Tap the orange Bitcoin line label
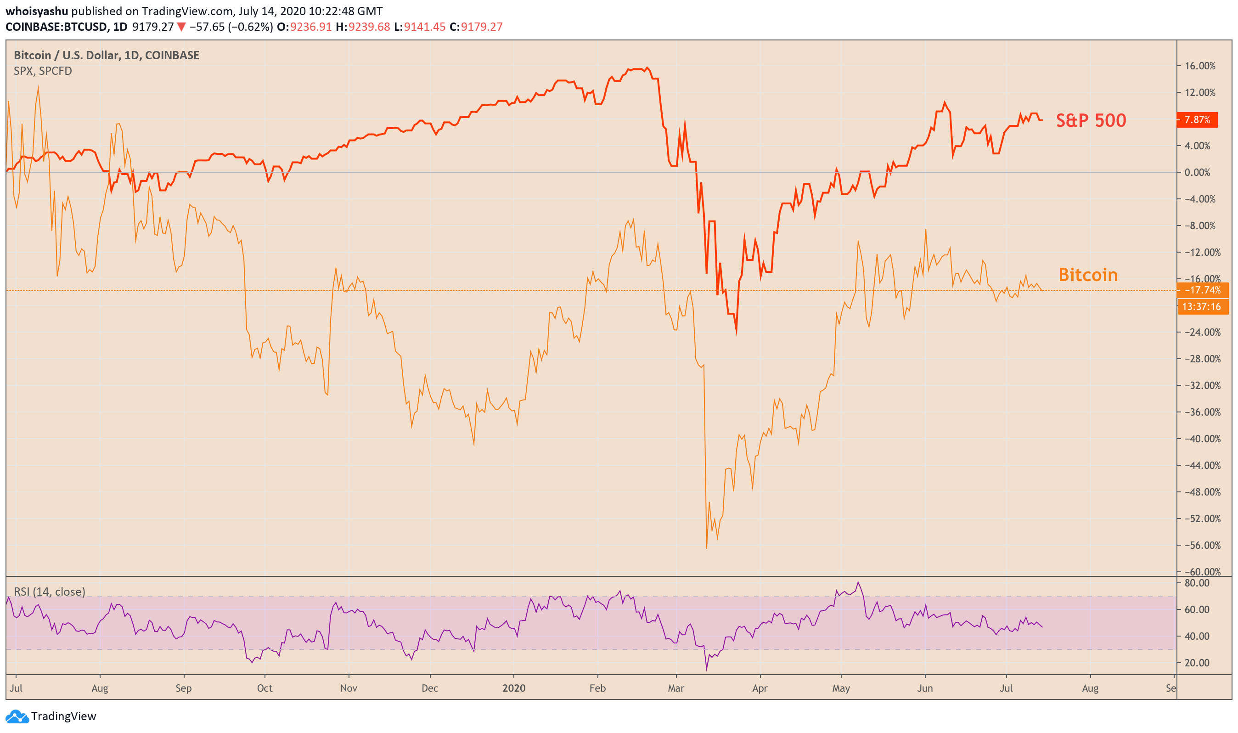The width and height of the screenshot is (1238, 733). click(1088, 275)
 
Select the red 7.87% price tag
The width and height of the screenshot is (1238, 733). click(1197, 120)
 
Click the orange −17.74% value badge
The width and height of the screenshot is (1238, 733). click(1201, 290)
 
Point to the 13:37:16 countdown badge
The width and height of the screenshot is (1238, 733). click(1201, 307)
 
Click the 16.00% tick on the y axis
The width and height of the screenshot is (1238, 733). click(1199, 66)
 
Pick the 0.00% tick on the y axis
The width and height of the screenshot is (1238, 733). click(1200, 172)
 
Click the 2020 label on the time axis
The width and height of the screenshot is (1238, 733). click(513, 688)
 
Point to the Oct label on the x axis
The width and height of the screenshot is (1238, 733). click(264, 688)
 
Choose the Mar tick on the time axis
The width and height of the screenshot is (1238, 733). click(675, 688)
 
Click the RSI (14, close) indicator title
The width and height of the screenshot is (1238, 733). click(50, 592)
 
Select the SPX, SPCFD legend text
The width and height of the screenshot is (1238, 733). click(43, 71)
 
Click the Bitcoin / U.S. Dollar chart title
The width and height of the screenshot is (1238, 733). click(106, 55)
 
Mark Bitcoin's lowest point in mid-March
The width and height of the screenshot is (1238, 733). click(706, 548)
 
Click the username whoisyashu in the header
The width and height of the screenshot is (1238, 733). click(37, 11)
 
